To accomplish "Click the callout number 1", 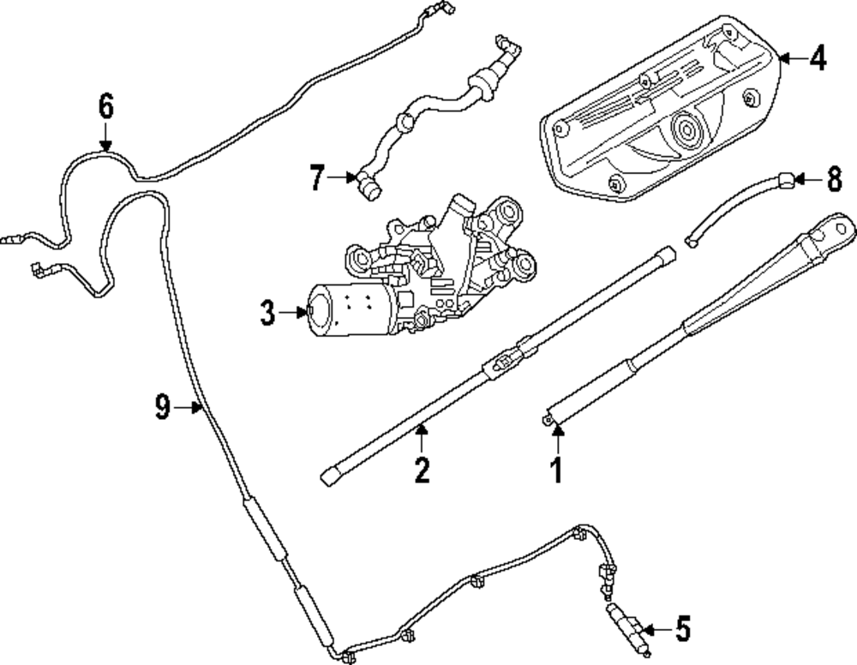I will tap(557, 470).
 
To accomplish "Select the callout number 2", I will tap(421, 470).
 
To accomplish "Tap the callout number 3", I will tap(268, 314).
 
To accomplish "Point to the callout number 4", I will tap(817, 59).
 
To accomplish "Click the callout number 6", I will tap(105, 107).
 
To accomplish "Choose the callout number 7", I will tap(317, 179).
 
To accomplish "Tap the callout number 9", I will tap(163, 408).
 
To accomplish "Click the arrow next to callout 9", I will tap(189, 409).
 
